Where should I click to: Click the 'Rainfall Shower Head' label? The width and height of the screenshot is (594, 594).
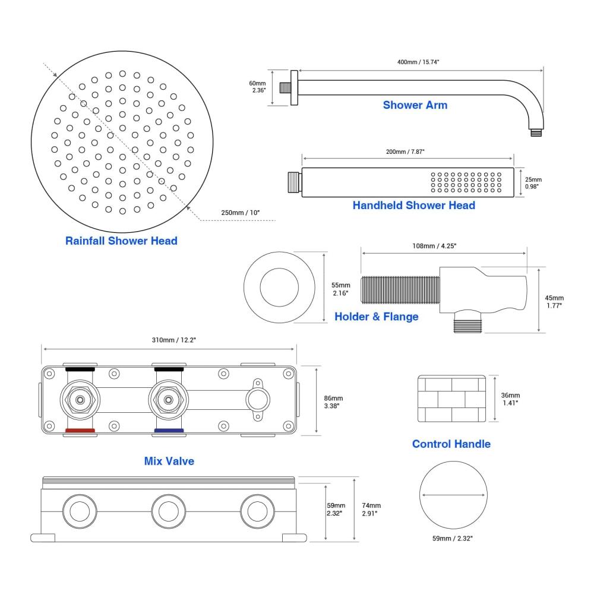(121, 241)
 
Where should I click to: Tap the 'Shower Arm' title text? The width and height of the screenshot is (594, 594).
(415, 105)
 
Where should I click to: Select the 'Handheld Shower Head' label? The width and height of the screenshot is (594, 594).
(413, 206)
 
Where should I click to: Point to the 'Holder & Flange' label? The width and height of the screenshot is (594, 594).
(376, 317)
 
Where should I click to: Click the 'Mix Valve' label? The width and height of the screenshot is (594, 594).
(169, 461)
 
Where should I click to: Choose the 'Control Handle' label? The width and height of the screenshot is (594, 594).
(451, 444)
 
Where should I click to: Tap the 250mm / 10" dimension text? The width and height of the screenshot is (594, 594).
(240, 212)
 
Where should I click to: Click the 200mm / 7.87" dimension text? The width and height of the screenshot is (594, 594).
(405, 151)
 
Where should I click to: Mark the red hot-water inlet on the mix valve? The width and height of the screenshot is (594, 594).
(80, 431)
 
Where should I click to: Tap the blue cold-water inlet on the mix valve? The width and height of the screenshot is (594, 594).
(169, 431)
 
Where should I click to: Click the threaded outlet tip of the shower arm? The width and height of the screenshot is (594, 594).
(536, 133)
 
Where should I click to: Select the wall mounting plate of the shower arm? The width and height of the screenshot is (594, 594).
(293, 88)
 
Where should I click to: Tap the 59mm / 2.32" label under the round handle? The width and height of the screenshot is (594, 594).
(453, 538)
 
